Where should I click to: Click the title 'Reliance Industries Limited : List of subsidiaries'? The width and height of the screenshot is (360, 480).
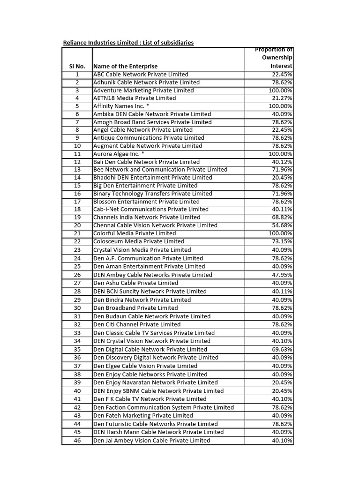click(128, 43)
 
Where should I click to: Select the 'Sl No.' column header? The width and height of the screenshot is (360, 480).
click(77, 67)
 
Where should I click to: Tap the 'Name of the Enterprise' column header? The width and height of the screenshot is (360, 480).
click(125, 67)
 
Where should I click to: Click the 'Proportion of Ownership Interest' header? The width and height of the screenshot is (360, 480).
click(274, 58)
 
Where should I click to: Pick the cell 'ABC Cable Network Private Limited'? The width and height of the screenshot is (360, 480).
click(141, 75)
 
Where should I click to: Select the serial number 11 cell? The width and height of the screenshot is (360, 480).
click(77, 154)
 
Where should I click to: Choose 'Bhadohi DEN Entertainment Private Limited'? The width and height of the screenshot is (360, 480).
click(152, 178)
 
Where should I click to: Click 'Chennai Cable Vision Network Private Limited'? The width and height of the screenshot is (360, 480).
click(155, 225)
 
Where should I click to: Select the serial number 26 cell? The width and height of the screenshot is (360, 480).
click(77, 275)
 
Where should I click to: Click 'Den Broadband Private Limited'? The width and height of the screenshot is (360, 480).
click(135, 308)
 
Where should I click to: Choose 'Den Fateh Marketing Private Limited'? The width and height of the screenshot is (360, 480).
click(143, 416)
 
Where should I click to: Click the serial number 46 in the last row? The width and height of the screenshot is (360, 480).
click(77, 441)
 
